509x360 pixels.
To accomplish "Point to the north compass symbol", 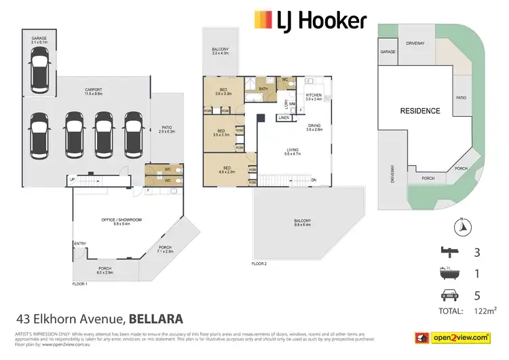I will coord(461,226).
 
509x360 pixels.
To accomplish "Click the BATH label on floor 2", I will coord(263,88).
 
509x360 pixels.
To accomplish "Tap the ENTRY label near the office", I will coord(81,244).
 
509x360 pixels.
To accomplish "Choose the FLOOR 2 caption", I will coord(259,263).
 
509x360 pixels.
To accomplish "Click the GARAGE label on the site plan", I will coord(388,52).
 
